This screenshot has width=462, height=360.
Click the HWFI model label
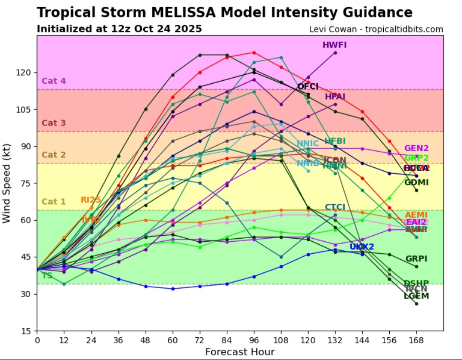pos(335,44)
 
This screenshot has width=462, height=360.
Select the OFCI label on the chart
pos(308,87)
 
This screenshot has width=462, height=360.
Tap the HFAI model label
pos(335,97)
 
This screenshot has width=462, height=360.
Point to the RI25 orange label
pos(90,200)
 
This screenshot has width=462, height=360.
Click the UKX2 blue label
pos(362,246)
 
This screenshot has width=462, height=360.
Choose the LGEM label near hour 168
pos(416,296)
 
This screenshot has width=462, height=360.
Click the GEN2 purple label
pos(416,148)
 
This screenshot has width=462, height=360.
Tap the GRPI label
pos(416,259)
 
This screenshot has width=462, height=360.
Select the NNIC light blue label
pos(308,143)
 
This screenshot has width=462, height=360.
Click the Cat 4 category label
pos(53,81)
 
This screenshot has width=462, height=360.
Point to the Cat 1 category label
pos(53,202)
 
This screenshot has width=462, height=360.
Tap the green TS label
pos(47,275)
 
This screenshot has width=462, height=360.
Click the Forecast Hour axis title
pos(240,352)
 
